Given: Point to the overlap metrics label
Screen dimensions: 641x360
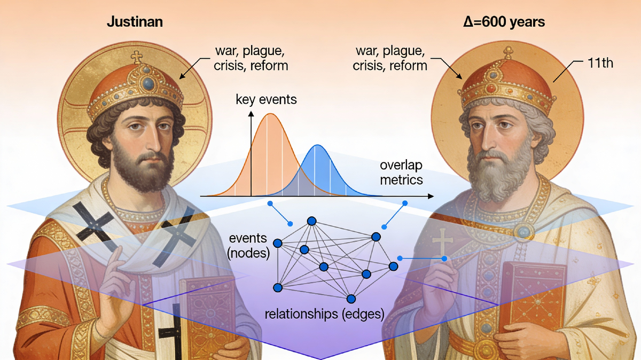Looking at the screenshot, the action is (401, 173).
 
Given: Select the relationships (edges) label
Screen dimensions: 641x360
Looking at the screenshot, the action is (325, 314).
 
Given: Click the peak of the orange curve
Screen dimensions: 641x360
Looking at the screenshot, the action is (270, 114).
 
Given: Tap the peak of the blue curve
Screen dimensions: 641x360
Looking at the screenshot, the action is (318, 145).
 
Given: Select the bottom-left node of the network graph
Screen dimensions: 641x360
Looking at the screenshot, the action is (277, 288).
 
